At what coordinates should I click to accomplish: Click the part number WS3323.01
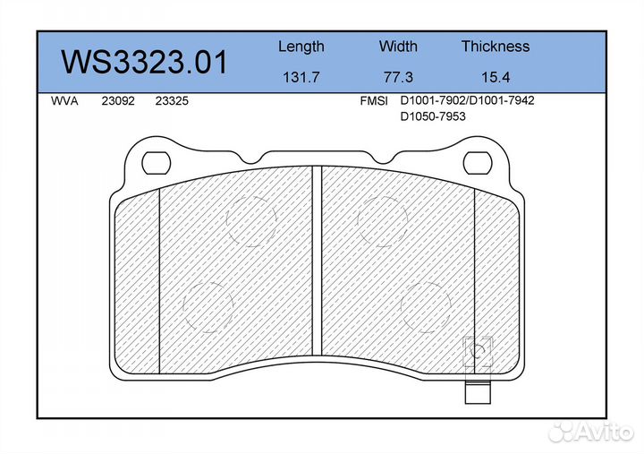144,62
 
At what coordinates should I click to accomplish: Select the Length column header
301,47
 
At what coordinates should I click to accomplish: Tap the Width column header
398,46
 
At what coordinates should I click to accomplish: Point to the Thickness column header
496,46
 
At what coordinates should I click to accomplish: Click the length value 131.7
301,77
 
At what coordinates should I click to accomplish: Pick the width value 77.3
398,77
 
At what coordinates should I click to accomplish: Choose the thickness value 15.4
496,77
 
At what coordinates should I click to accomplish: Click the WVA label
64,101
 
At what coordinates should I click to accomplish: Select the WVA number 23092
118,101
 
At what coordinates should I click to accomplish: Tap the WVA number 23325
172,101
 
